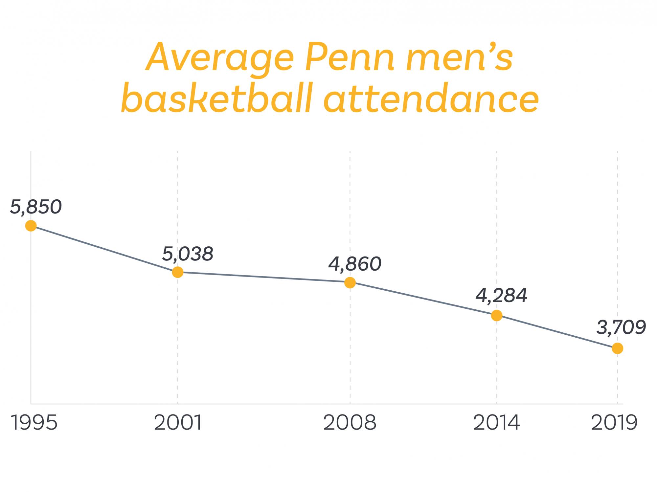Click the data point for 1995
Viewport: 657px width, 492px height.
coord(31,226)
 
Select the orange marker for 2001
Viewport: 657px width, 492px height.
coord(178,272)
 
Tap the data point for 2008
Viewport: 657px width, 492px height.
coord(350,282)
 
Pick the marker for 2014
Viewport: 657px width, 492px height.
coord(497,315)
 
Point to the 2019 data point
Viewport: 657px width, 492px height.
coord(618,348)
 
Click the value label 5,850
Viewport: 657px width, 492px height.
coord(36,207)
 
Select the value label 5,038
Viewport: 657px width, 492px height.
coord(188,254)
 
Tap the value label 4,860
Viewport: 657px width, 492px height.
coord(355,264)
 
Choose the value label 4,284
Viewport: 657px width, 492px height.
coord(501,296)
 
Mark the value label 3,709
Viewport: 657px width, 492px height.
coord(621,328)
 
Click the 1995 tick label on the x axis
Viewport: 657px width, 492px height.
coord(34,423)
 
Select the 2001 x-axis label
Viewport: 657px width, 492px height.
coord(178,423)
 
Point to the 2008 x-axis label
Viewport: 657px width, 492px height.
coord(350,423)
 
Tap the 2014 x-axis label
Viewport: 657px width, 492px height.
coord(497,423)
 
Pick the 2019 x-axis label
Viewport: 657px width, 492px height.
coord(614,423)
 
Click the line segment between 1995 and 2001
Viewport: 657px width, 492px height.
coord(104,249)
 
